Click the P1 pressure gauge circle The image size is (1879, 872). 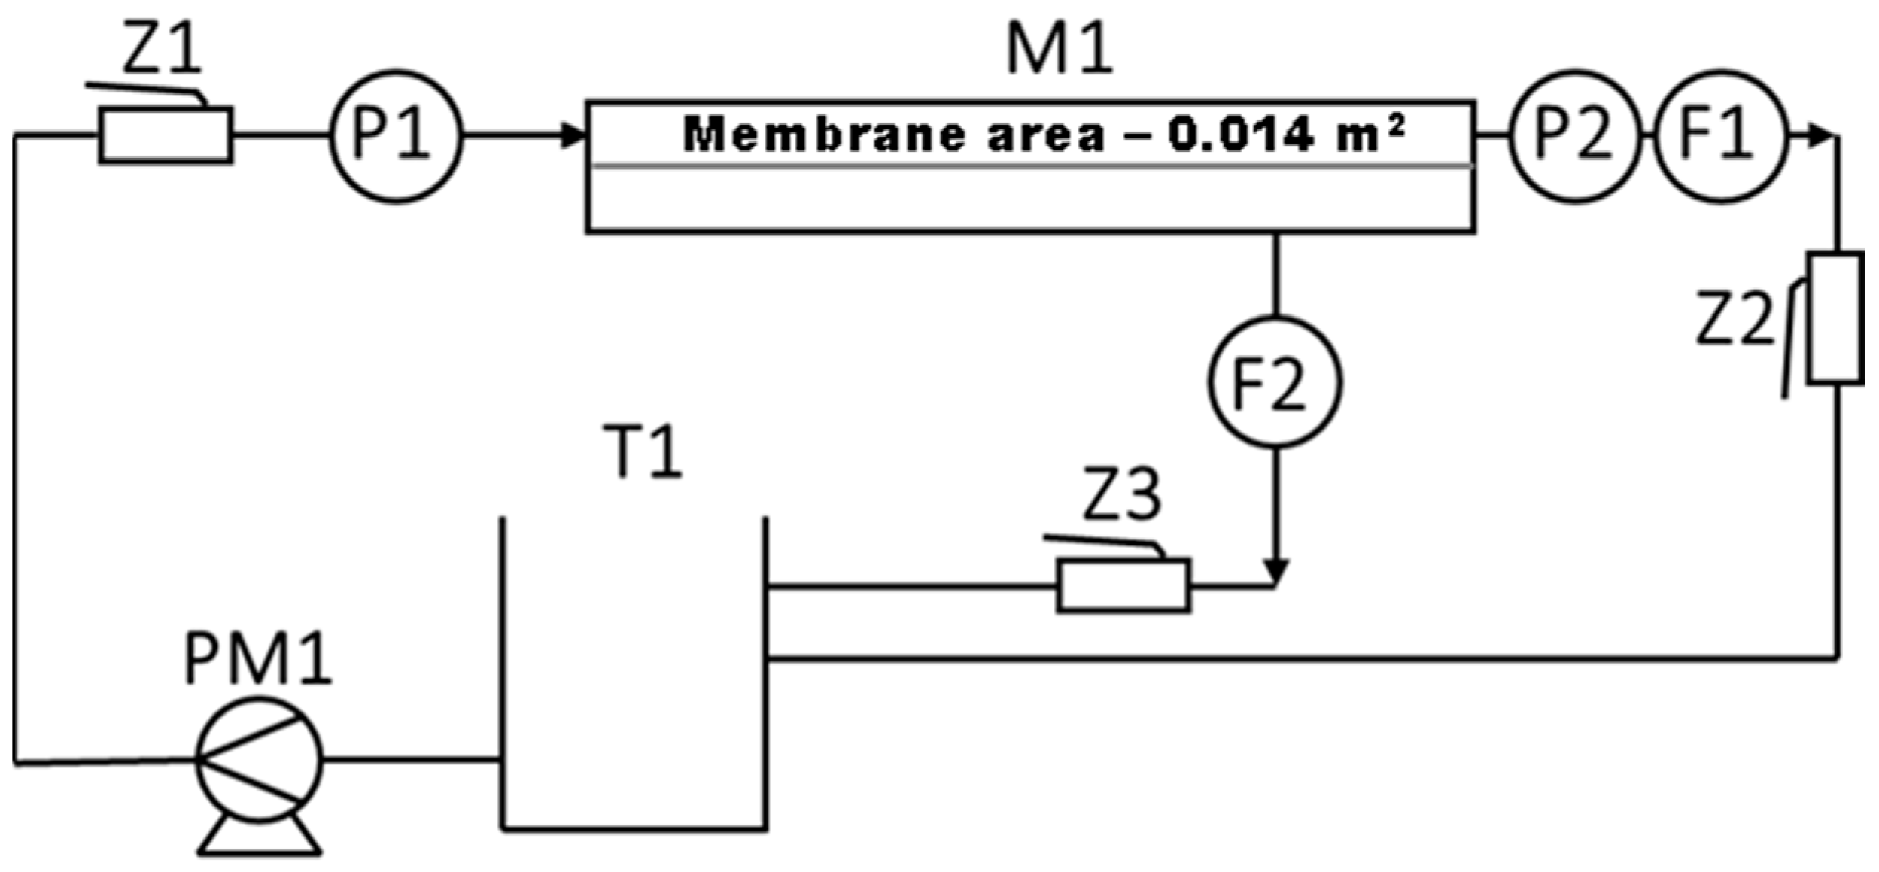point(396,136)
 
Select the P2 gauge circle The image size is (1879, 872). point(1574,136)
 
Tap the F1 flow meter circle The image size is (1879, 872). point(1719,136)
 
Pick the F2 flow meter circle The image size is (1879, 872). point(1274,382)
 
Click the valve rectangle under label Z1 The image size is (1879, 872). point(166,135)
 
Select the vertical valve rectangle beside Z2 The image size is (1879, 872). point(1835,318)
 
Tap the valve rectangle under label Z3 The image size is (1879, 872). point(1123,585)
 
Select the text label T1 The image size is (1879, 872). point(643,451)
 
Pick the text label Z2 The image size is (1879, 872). point(1735,319)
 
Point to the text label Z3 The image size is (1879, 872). point(1121,494)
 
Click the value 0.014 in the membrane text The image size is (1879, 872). point(1241,135)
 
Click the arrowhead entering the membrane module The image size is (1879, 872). point(573,136)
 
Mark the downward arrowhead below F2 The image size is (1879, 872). point(1275,571)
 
